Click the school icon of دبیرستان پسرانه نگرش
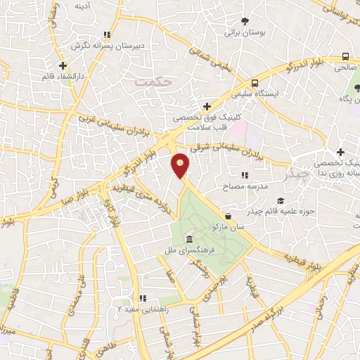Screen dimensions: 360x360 [106, 34]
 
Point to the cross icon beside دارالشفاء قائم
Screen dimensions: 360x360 [63, 65]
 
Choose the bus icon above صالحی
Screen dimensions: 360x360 [345, 57]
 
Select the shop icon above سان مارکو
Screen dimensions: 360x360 [228, 216]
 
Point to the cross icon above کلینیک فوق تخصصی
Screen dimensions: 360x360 [205, 105]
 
